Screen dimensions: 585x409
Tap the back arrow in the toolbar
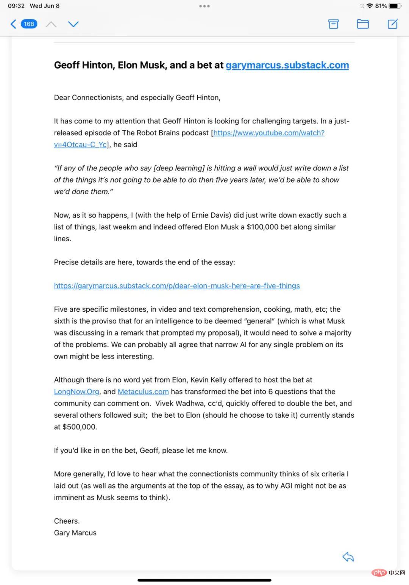pos(13,24)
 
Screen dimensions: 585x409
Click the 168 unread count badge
pos(29,24)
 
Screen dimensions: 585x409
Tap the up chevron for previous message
pos(51,24)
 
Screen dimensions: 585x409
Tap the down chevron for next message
pos(73,24)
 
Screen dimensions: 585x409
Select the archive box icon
pos(333,24)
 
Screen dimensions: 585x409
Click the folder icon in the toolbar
pos(363,24)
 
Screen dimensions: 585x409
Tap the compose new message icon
pos(393,24)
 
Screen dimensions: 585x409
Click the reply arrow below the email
pos(348,557)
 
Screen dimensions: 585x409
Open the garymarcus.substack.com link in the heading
pos(287,65)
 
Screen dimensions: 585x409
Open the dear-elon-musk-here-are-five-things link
pos(177,286)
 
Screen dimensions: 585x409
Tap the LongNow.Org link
pos(76,392)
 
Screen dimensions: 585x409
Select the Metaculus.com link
pos(143,392)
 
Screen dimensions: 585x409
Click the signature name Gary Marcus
pos(75,533)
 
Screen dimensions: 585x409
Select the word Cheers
pos(67,521)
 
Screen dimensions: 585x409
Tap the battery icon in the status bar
pos(395,6)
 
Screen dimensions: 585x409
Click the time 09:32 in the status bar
pos(16,6)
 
